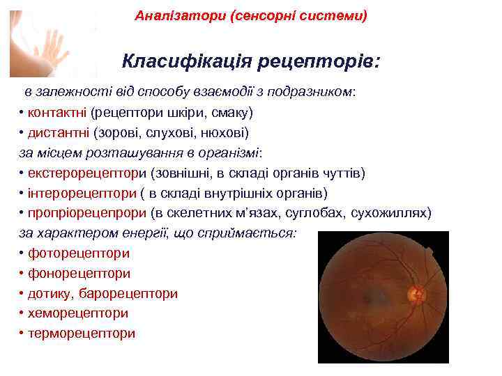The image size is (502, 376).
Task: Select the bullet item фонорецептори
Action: (79, 274)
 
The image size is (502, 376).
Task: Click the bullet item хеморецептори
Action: (77, 313)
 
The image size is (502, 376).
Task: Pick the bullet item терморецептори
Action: (82, 334)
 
